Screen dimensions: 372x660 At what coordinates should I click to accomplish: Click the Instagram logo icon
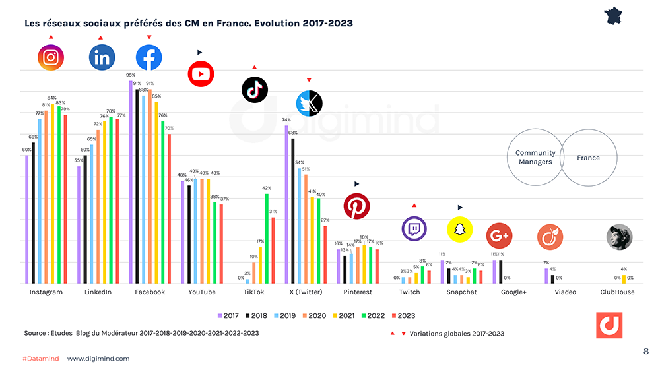click(x=50, y=57)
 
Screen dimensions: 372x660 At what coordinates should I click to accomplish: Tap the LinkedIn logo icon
click(x=102, y=58)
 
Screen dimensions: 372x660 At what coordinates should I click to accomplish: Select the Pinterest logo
click(x=356, y=206)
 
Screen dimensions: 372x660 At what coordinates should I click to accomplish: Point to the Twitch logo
click(x=414, y=229)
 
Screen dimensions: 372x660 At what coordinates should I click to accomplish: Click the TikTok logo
click(x=254, y=90)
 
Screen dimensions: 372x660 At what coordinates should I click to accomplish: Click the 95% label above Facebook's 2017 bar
click(x=131, y=75)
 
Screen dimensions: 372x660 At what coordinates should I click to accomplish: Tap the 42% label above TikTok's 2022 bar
click(x=267, y=188)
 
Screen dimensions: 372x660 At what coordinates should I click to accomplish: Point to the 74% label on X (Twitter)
click(x=286, y=120)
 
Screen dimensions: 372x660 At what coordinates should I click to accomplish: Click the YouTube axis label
click(x=201, y=292)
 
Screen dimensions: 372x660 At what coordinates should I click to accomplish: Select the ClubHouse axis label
click(x=617, y=292)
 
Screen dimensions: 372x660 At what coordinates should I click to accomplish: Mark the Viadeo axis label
click(x=565, y=292)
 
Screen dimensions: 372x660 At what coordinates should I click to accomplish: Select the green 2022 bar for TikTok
click(x=267, y=238)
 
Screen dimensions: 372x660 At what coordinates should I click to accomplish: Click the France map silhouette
click(x=614, y=16)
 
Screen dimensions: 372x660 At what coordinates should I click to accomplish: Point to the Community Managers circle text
click(x=535, y=157)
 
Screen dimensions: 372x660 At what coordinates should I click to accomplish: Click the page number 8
click(x=645, y=351)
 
